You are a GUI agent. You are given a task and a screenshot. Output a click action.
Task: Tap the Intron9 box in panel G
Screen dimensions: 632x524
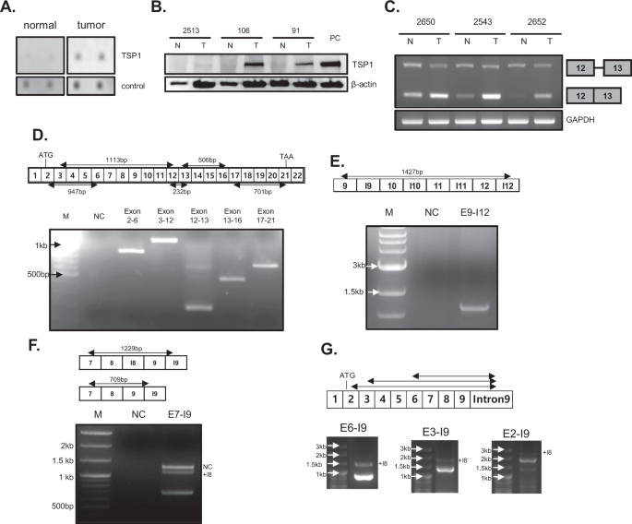pos(484,400)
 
